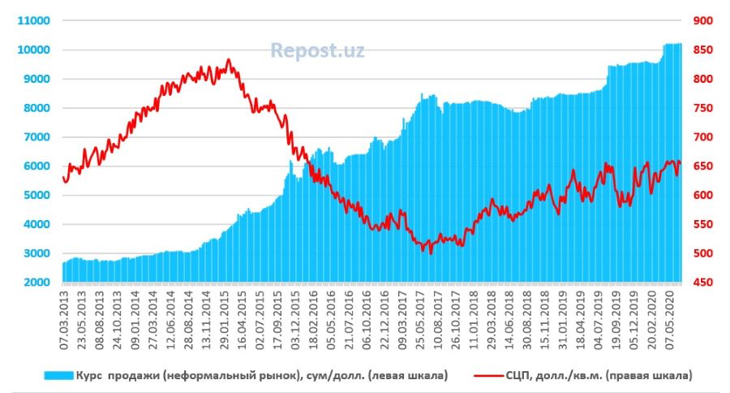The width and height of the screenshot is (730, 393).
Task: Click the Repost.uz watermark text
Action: (317, 51)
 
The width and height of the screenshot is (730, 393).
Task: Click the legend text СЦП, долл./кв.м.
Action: (559, 374)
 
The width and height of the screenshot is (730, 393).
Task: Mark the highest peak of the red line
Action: (229, 59)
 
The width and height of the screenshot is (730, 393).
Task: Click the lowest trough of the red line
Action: (431, 253)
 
